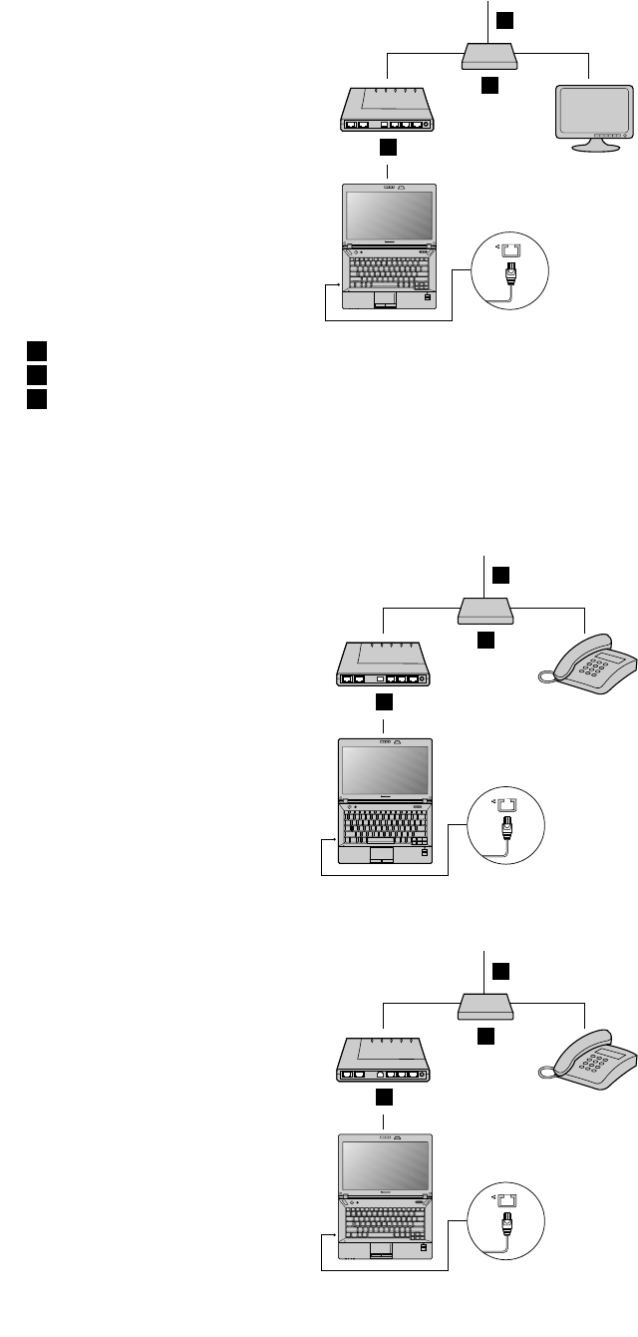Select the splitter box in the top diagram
[488, 56]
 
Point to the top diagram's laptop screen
[390, 219]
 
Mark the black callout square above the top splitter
[506, 20]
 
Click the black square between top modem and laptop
[389, 148]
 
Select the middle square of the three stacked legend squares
[36, 374]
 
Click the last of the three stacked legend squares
[36, 397]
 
